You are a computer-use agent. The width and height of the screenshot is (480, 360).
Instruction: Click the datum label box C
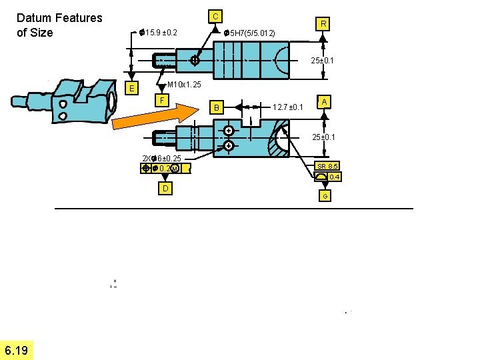pyautogui.click(x=215, y=15)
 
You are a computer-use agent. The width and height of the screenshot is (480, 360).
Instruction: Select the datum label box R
pyautogui.click(x=323, y=24)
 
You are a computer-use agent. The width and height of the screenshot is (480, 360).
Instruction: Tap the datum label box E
pyautogui.click(x=133, y=89)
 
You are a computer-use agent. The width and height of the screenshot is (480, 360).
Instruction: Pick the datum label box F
pyautogui.click(x=161, y=100)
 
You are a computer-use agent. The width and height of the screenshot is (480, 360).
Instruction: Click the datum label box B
pyautogui.click(x=215, y=107)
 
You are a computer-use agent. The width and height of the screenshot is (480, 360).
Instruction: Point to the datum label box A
pyautogui.click(x=324, y=101)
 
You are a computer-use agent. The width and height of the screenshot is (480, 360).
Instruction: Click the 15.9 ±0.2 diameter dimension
pyautogui.click(x=159, y=32)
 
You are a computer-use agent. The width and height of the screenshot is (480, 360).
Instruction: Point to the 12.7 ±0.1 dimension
pyautogui.click(x=289, y=107)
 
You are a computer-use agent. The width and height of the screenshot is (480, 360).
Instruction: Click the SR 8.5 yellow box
pyautogui.click(x=327, y=166)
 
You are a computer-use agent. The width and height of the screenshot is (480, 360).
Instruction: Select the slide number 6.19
pyautogui.click(x=16, y=351)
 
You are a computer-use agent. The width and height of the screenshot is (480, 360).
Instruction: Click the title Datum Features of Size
pyautogui.click(x=59, y=25)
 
